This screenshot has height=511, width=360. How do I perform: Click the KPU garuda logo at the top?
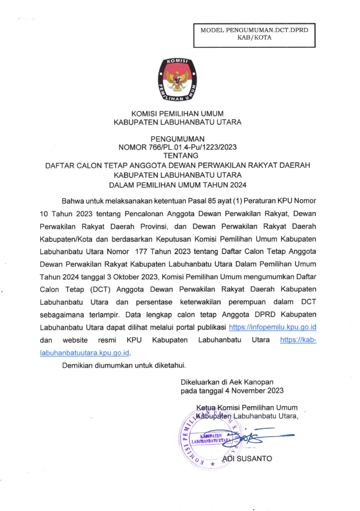[x=177, y=82]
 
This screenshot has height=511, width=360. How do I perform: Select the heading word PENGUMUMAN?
[x=178, y=139]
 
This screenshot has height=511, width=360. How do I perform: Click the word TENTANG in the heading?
[x=178, y=156]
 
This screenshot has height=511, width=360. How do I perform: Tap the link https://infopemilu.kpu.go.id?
[x=273, y=328]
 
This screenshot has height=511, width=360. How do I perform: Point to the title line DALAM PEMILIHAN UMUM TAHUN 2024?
[x=178, y=185]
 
